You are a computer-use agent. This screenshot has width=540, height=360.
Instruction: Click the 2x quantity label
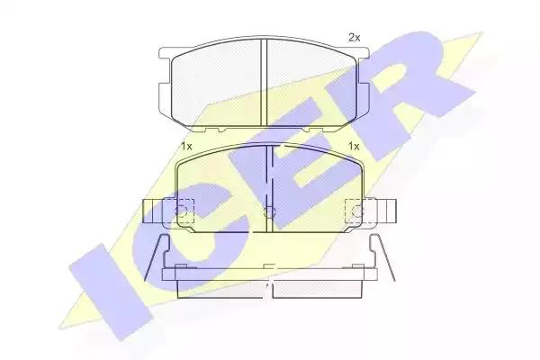[354, 38]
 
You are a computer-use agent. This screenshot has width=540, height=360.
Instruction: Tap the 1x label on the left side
[186, 147]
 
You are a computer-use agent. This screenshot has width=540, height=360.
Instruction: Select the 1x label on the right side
[354, 147]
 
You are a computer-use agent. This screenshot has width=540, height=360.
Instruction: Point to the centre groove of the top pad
[264, 82]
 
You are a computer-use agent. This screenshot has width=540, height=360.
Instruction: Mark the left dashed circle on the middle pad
[182, 211]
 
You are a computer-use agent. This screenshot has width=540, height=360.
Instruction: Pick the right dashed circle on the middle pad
[359, 211]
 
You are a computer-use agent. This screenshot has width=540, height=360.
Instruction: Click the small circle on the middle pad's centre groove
[269, 211]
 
